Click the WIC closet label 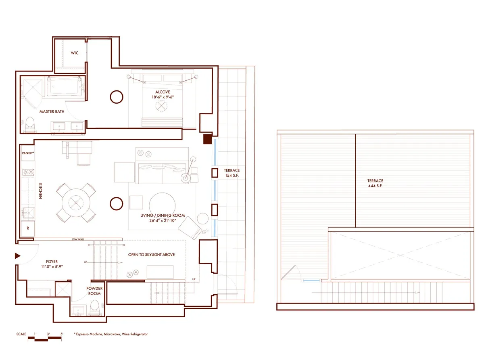coord(75,53)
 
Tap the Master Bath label coord(52,111)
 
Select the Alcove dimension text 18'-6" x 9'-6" coord(163,97)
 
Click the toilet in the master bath coord(30,125)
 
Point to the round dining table coord(77,201)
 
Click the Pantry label coord(28,153)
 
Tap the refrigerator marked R coord(28,228)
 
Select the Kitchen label coord(40,190)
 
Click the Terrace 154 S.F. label coord(232,173)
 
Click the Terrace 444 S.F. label coord(375,183)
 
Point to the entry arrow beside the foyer coord(17,256)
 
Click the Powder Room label coord(94,291)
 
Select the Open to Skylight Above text coord(151,255)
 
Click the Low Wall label coord(77,239)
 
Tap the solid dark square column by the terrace coord(207,139)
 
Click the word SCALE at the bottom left coord(21,334)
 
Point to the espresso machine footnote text coord(111,334)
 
